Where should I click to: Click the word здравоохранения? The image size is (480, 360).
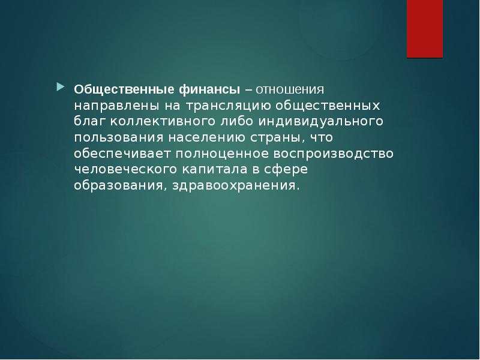[235, 185]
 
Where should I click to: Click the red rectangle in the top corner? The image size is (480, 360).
[425, 28]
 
